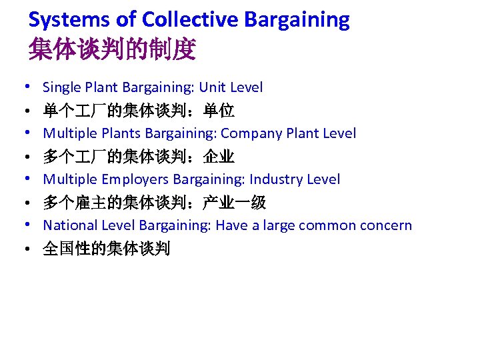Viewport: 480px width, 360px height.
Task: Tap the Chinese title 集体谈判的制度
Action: click(112, 49)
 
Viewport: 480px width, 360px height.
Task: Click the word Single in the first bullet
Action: click(62, 87)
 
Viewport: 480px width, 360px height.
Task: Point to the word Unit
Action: click(213, 87)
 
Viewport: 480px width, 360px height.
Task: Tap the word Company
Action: click(251, 133)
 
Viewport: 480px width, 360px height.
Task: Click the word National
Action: click(69, 225)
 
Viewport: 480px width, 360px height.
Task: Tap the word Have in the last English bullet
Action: click(231, 225)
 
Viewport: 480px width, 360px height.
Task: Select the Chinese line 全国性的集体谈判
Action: click(107, 249)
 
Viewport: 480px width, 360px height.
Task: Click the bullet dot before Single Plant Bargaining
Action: click(23, 87)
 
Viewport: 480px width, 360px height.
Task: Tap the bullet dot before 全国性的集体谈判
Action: click(23, 250)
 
